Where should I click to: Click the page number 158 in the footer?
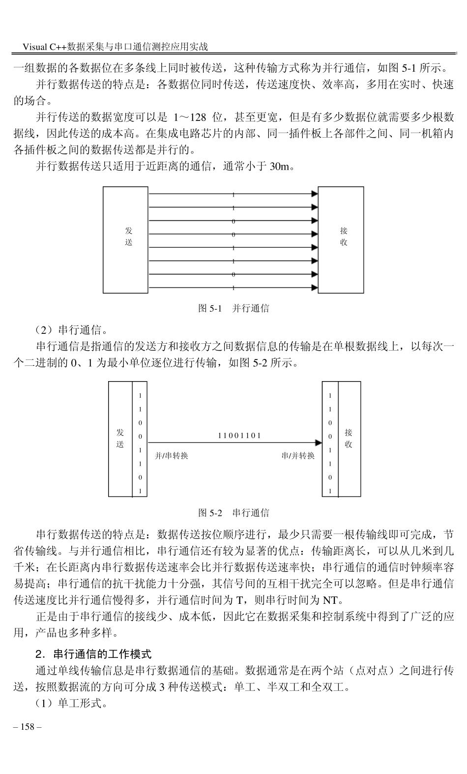click(28, 726)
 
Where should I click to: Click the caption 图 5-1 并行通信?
click(233, 308)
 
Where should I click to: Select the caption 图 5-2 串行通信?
click(233, 512)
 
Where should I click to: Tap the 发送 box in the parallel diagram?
click(125, 240)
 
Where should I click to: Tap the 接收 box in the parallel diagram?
click(341, 240)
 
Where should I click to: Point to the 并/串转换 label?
click(172, 456)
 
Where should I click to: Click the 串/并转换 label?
click(298, 456)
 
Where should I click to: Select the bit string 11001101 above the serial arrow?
click(239, 435)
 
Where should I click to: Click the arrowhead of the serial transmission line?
click(318, 443)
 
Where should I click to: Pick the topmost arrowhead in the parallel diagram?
click(315, 194)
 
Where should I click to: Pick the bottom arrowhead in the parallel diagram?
click(315, 288)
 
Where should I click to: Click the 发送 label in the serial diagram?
click(120, 438)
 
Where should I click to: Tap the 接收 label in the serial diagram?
click(349, 438)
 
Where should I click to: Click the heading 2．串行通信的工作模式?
click(93, 654)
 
